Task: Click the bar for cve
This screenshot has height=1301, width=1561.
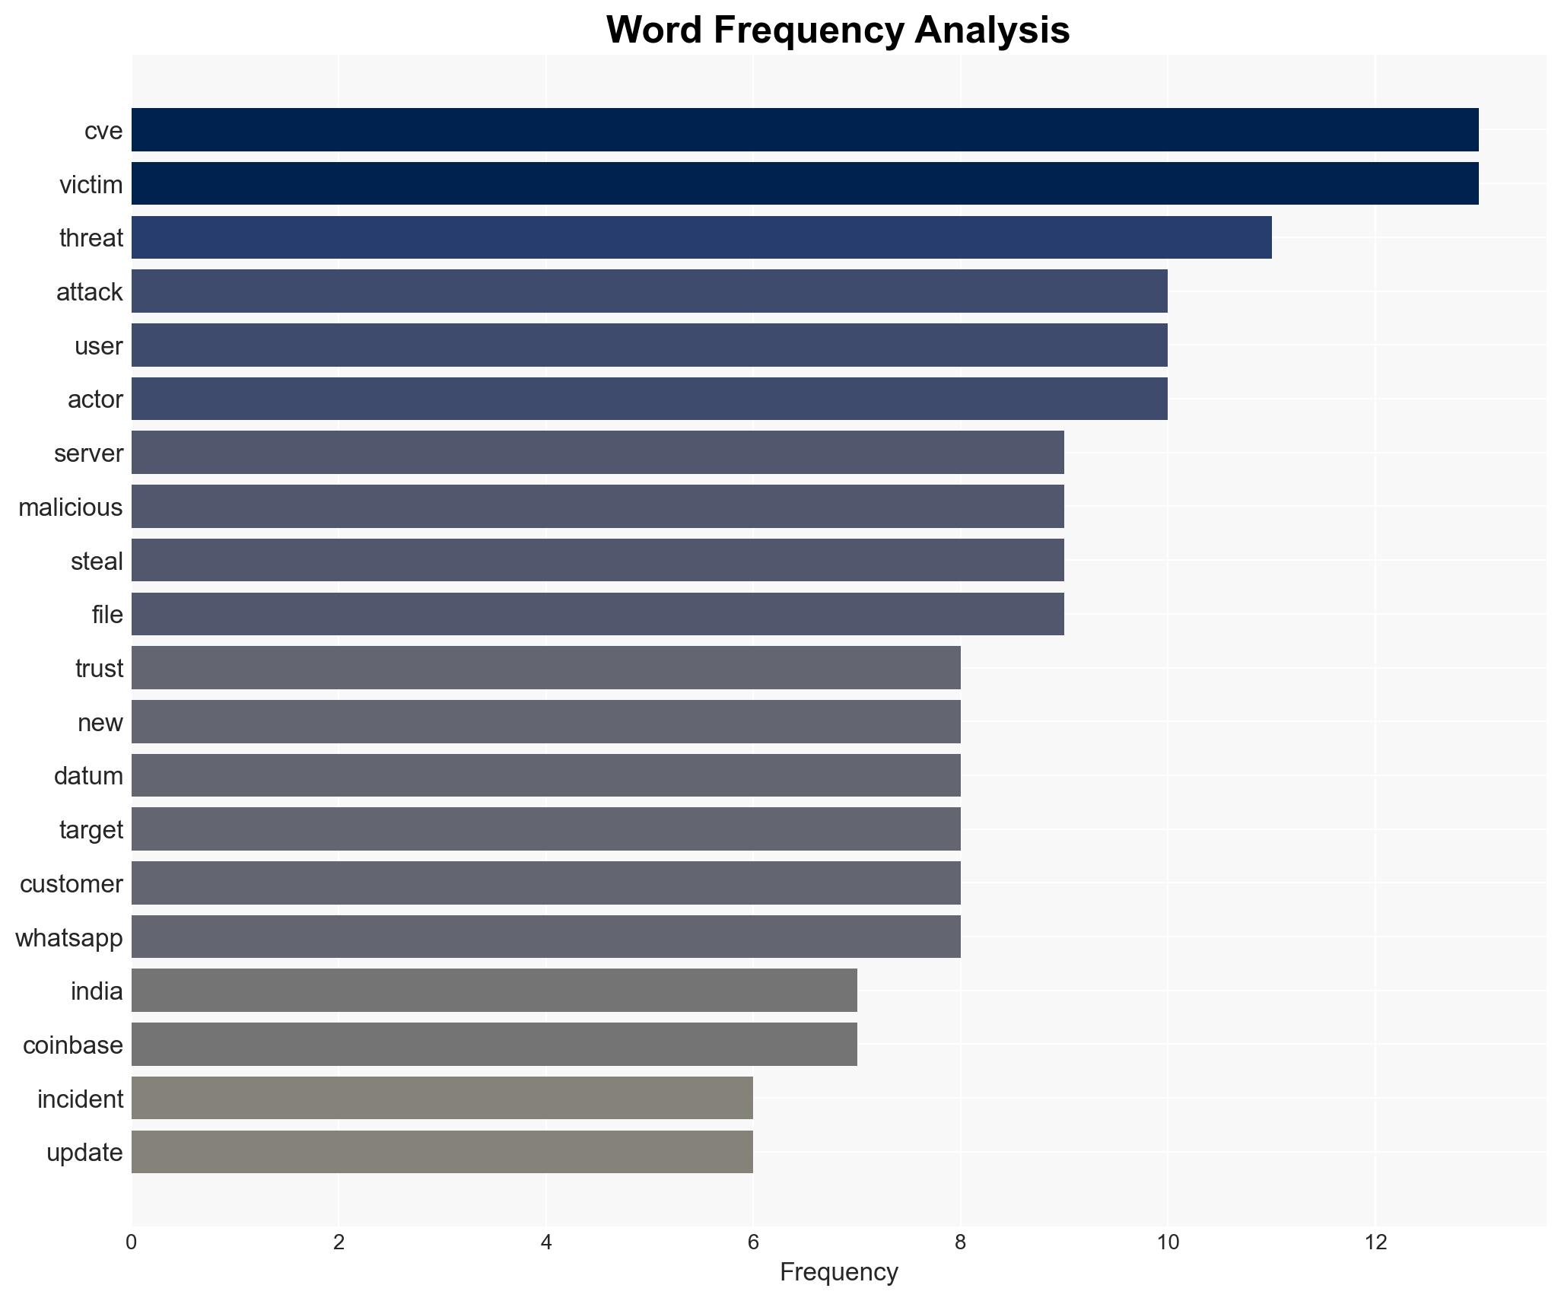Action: coord(805,130)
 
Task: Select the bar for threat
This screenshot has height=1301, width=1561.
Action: coord(701,237)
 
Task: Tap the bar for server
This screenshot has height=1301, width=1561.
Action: coord(598,453)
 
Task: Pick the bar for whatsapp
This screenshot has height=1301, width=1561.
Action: coord(546,937)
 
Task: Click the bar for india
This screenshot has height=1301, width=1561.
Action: coord(494,991)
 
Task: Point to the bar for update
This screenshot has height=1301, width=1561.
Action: coord(442,1152)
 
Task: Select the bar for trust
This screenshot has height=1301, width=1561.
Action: coord(546,668)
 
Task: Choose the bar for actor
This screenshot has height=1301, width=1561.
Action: coord(650,399)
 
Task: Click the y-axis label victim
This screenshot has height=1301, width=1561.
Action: coord(91,185)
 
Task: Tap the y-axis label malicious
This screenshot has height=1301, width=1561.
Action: coord(71,507)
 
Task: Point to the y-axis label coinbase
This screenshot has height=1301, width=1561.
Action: coord(73,1045)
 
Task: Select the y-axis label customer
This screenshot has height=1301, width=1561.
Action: coord(72,884)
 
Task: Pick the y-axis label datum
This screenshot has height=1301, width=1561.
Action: coord(88,776)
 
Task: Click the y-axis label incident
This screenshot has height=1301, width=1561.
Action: coord(80,1099)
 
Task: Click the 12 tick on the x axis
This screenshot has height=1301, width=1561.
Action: coord(1375,1242)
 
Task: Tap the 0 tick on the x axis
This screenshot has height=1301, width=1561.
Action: coord(132,1242)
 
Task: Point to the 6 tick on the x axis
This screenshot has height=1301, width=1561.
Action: coord(753,1242)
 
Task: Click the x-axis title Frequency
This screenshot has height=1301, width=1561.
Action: coord(838,1272)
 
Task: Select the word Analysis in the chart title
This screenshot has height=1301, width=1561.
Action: coord(993,30)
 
